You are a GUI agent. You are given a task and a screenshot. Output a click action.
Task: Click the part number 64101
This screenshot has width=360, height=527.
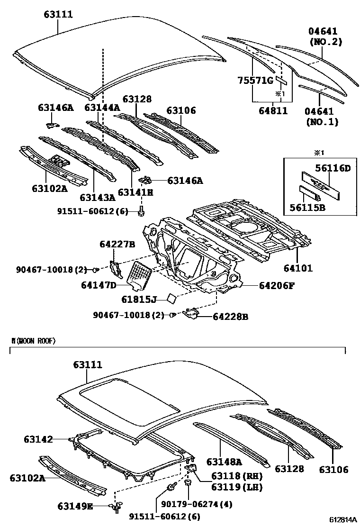[x=298, y=268]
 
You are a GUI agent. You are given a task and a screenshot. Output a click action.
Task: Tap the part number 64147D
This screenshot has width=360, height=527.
[x=98, y=285]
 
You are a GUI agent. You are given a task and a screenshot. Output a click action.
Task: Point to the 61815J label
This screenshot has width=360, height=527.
[x=139, y=300]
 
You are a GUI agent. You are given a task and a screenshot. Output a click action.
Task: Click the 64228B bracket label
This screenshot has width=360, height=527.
[x=230, y=317]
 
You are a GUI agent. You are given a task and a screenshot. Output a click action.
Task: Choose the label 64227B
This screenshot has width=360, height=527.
[x=117, y=244]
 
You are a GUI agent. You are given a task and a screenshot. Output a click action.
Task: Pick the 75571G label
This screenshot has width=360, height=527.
[x=255, y=80]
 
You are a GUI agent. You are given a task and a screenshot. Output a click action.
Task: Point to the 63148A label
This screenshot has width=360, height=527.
[x=224, y=462]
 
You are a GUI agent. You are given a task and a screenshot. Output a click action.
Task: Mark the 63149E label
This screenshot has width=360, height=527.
[x=75, y=506]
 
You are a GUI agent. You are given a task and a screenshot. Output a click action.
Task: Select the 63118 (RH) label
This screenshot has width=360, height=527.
[x=230, y=476]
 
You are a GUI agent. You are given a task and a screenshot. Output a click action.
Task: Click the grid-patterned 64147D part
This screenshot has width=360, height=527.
[x=141, y=274]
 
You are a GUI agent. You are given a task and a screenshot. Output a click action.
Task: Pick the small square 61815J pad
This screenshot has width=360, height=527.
[x=170, y=298]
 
